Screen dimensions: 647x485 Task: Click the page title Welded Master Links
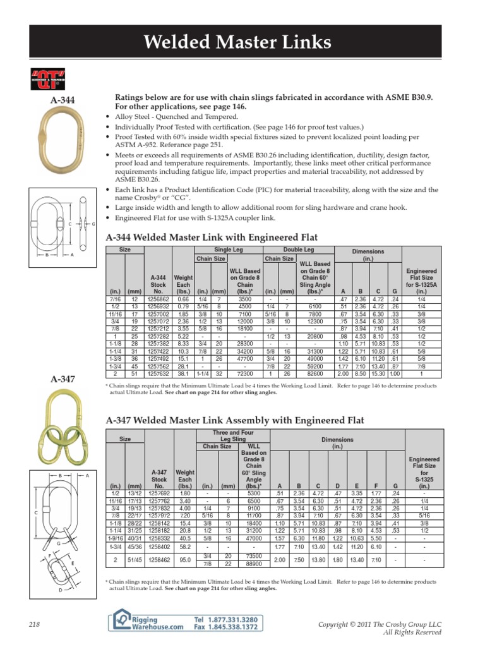(237, 42)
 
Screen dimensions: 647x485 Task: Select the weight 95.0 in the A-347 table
(186, 560)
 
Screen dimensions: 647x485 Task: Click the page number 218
(34, 624)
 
